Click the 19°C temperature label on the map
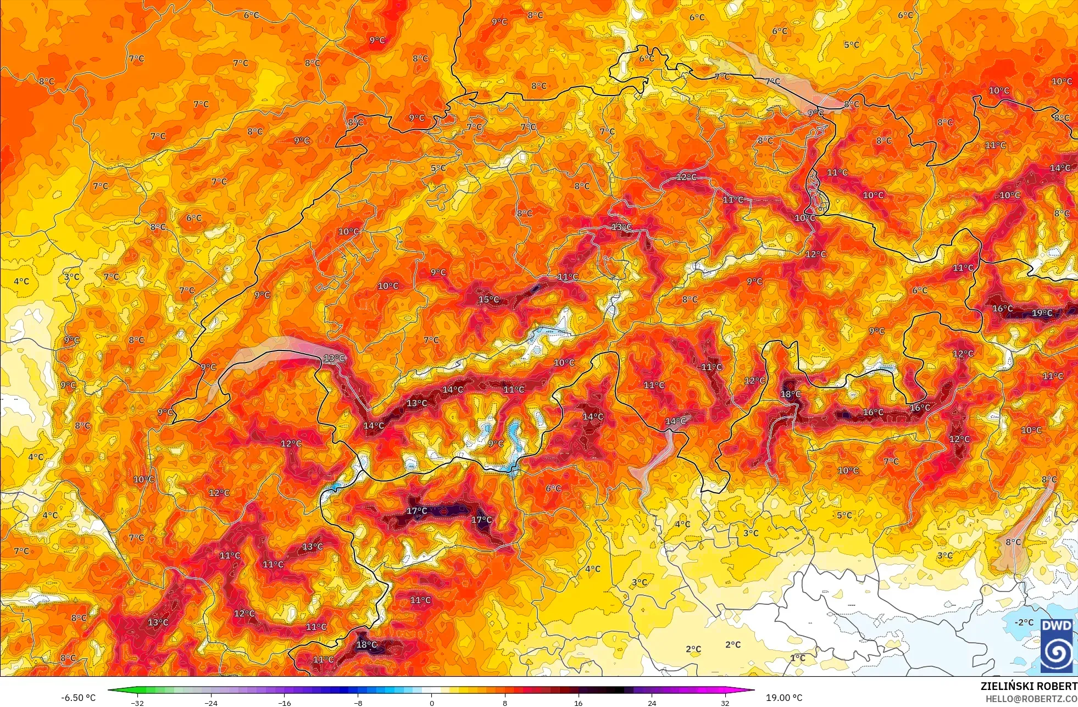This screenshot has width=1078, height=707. point(1042,313)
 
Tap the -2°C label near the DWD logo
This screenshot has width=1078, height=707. point(1024,622)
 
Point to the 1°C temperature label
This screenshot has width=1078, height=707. point(798,658)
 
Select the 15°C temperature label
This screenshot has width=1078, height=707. point(488,299)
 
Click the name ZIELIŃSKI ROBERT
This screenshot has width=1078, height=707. point(1029,686)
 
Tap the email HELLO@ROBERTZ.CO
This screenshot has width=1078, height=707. point(1031,699)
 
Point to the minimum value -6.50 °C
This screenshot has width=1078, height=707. point(78,698)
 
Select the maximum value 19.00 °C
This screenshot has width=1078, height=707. point(784,698)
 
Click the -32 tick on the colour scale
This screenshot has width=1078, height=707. point(137,703)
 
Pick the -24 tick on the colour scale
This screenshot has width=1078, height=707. point(210,703)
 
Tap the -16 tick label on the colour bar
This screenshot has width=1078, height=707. point(284,703)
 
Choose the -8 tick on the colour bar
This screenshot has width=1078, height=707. point(358,703)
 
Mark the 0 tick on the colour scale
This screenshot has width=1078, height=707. point(431,703)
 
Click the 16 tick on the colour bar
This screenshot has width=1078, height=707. point(578,703)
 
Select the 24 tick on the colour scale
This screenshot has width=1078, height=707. point(652,703)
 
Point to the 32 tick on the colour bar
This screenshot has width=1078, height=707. point(725,703)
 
